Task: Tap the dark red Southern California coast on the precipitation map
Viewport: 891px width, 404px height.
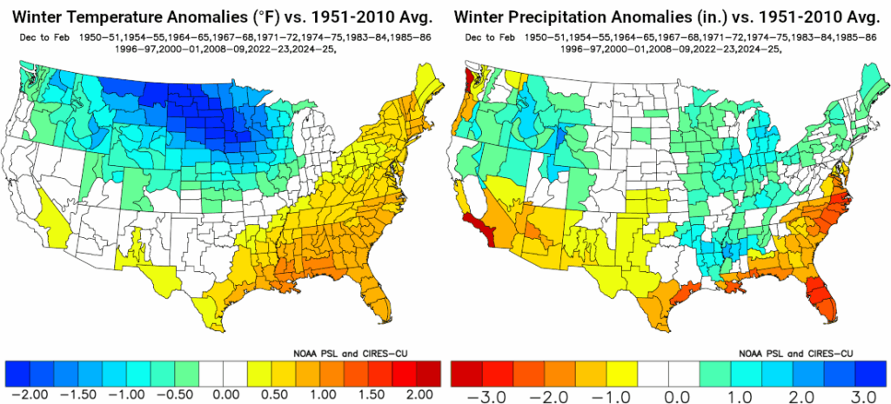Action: click(x=477, y=228)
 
